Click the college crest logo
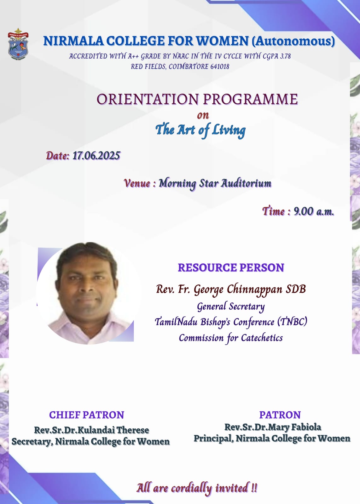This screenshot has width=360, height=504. (x=18, y=44)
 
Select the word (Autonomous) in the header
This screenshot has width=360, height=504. (x=293, y=41)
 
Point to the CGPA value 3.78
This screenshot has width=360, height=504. (x=285, y=56)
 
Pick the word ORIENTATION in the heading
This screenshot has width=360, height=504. (x=148, y=99)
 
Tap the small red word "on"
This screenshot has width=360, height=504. (x=203, y=115)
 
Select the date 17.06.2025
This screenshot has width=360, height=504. (x=96, y=156)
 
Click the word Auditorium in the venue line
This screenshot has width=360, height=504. (x=246, y=183)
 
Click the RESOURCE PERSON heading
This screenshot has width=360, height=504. (x=231, y=267)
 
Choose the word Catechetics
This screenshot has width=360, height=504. (x=262, y=338)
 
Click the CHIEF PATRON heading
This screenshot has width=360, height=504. (x=87, y=415)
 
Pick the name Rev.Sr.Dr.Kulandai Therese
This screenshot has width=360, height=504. (x=91, y=430)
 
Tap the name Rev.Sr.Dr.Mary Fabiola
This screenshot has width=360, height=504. (x=273, y=427)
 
